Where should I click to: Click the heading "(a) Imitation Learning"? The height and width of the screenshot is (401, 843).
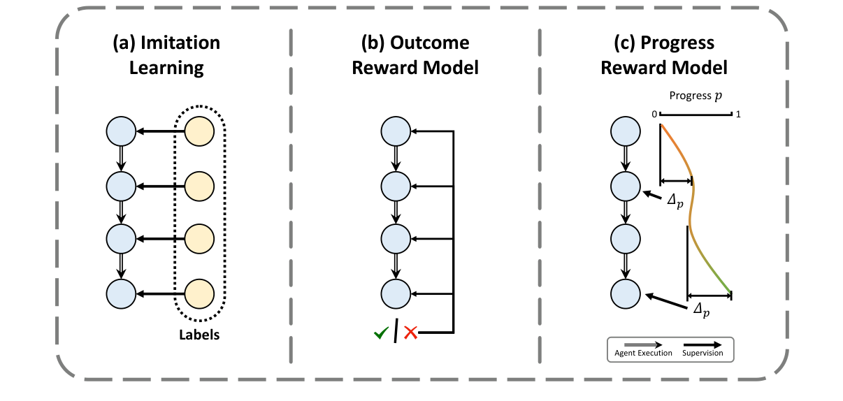166,55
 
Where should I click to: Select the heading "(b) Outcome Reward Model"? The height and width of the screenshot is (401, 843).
415,55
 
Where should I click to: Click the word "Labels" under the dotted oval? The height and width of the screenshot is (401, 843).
199,335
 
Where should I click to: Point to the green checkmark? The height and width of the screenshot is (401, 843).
381,333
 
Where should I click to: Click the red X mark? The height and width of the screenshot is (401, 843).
410,333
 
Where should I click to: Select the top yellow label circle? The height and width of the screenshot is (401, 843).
199,131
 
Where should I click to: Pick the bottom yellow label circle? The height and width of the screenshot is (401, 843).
199,293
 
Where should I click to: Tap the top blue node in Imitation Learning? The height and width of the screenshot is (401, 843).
120,131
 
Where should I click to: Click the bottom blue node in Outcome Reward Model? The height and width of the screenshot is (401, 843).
396,293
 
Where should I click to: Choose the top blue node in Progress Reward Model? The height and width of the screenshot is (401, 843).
626,131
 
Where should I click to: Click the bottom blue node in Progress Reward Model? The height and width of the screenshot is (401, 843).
626,294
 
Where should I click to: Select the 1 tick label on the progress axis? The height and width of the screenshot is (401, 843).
737,114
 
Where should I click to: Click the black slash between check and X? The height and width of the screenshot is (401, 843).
396,331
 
